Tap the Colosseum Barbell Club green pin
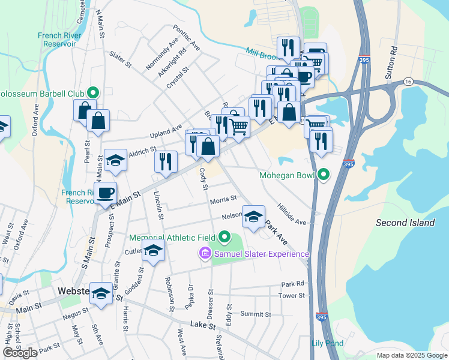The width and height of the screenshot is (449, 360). [x=93, y=92]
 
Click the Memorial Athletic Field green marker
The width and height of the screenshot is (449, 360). [x=225, y=238]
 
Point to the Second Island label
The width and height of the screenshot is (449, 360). [x=405, y=223]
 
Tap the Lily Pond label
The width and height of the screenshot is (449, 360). [x=327, y=343]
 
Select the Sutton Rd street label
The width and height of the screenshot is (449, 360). [x=394, y=57]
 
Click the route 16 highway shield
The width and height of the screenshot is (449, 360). [x=408, y=81]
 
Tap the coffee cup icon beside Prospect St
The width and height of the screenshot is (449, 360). [x=106, y=193]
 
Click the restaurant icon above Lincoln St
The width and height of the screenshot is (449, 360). [x=166, y=161]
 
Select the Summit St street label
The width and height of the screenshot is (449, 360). [x=255, y=314]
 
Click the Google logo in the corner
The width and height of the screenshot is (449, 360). [x=20, y=353]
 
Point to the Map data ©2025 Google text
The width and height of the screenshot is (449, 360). [x=411, y=355]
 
